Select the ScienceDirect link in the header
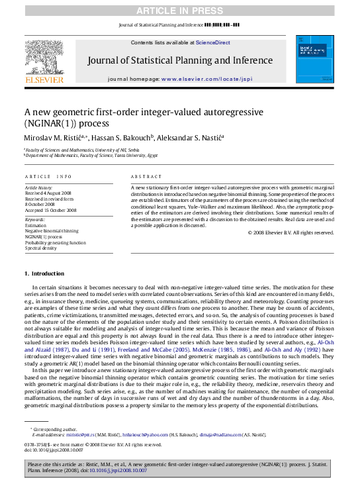pos(213,42)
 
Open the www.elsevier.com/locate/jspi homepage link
pos(207,78)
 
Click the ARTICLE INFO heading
pos(48,177)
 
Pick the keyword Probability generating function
pos(55,242)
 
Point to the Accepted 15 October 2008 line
pos(50,210)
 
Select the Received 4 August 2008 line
pos(49,193)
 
